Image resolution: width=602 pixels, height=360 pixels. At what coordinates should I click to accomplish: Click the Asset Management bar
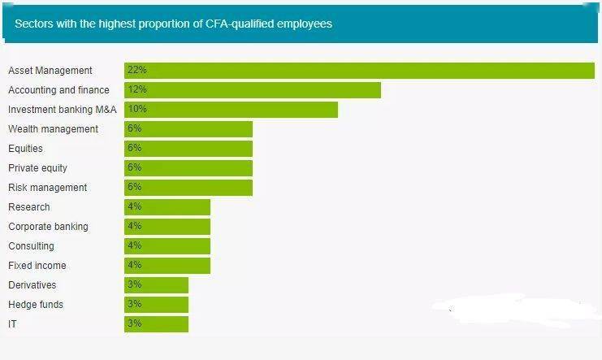pyautogui.click(x=359, y=71)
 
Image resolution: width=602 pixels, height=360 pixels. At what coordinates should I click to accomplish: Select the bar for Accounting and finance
pyautogui.click(x=253, y=90)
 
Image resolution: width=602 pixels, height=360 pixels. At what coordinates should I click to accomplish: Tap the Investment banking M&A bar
pyautogui.click(x=231, y=110)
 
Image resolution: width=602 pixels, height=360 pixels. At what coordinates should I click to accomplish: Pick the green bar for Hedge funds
pyautogui.click(x=156, y=305)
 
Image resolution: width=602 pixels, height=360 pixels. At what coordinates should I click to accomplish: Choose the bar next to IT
pyautogui.click(x=156, y=324)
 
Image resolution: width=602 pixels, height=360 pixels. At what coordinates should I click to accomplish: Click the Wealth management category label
pyautogui.click(x=54, y=129)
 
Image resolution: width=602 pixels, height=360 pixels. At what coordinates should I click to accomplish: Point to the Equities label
pyautogui.click(x=25, y=149)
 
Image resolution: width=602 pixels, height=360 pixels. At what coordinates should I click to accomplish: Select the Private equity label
pyautogui.click(x=37, y=168)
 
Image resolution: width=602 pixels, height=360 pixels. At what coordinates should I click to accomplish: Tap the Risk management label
pyautogui.click(x=48, y=188)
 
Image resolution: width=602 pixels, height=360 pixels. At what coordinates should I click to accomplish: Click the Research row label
pyautogui.click(x=29, y=207)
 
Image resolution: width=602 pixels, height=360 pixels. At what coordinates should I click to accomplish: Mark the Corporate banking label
pyautogui.click(x=49, y=227)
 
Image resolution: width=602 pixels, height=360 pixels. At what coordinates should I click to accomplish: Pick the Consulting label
pyautogui.click(x=31, y=246)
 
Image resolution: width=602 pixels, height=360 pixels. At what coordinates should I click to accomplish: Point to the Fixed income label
pyautogui.click(x=37, y=266)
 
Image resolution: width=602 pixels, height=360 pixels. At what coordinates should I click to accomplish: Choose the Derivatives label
pyautogui.click(x=32, y=285)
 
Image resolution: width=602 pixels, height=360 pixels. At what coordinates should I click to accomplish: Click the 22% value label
pyautogui.click(x=137, y=70)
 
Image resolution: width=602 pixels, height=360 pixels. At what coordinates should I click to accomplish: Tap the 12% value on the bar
pyautogui.click(x=137, y=89)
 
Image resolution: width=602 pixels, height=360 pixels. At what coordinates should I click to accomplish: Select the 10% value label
pyautogui.click(x=137, y=109)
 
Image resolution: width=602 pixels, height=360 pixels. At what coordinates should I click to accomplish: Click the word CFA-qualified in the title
pyautogui.click(x=240, y=24)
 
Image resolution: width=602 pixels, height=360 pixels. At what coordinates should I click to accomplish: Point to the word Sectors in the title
pyautogui.click(x=34, y=24)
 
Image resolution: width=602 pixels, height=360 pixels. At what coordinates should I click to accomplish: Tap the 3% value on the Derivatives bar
pyautogui.click(x=135, y=284)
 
